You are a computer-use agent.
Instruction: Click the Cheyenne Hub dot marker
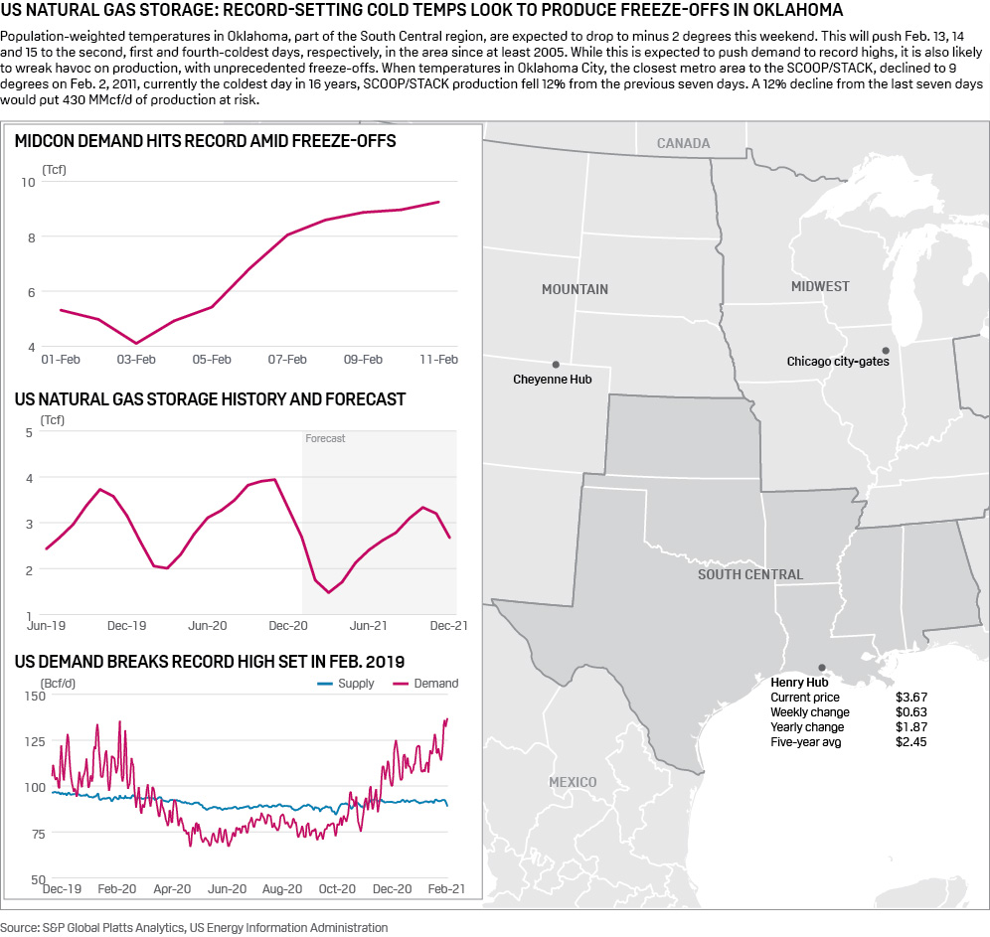tap(556, 365)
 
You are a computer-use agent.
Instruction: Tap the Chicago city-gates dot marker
tap(885, 350)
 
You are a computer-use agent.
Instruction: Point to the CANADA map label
tap(683, 143)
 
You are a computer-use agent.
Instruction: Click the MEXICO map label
tap(573, 782)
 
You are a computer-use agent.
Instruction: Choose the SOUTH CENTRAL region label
tap(749, 574)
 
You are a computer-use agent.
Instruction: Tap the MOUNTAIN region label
tap(575, 289)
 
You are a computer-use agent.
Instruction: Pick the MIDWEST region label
tap(820, 286)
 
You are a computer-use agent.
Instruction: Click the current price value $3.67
tap(910, 698)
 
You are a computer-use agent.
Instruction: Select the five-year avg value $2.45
tap(910, 742)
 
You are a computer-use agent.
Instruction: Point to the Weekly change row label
tap(809, 712)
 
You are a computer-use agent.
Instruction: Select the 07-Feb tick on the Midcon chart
tap(287, 359)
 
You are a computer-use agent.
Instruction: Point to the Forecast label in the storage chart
tap(325, 438)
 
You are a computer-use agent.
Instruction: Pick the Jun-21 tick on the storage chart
tap(368, 626)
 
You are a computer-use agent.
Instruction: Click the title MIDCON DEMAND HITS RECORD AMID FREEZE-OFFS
tap(206, 141)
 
